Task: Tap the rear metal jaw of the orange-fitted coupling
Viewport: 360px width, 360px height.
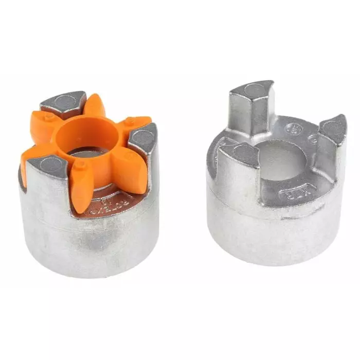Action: click(x=63, y=103)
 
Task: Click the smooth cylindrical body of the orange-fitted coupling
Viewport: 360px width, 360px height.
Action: click(x=87, y=242)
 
